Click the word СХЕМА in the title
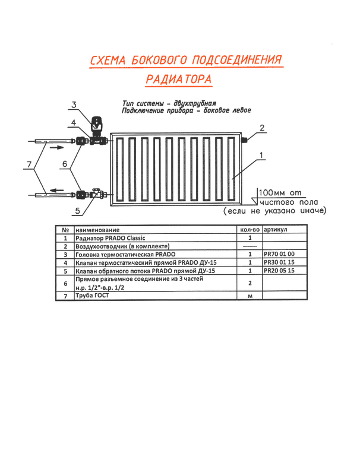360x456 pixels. (108, 60)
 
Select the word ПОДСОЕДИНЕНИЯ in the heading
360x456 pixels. (235, 59)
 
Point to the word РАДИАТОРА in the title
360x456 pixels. (178, 79)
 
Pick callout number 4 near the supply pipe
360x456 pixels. (72, 123)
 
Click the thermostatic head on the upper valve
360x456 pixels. (95, 123)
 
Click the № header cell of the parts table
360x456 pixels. (62, 229)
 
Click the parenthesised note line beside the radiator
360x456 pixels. (275, 210)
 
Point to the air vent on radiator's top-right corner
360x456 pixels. (245, 138)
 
